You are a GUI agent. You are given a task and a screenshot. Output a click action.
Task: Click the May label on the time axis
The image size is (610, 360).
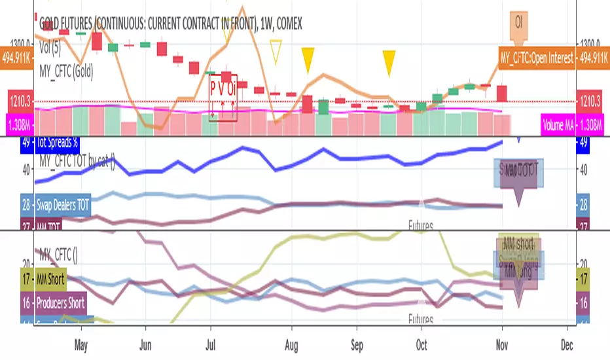click(81, 344)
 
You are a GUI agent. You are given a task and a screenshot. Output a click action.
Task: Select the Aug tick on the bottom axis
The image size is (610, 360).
click(292, 344)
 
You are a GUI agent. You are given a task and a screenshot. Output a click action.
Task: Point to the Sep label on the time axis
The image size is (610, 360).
click(357, 344)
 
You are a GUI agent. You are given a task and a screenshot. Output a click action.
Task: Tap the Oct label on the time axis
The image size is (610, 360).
click(422, 344)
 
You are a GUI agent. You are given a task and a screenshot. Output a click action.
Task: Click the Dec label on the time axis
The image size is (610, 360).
click(567, 344)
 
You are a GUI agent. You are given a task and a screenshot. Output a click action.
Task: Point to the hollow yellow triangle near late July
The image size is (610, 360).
click(276, 52)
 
